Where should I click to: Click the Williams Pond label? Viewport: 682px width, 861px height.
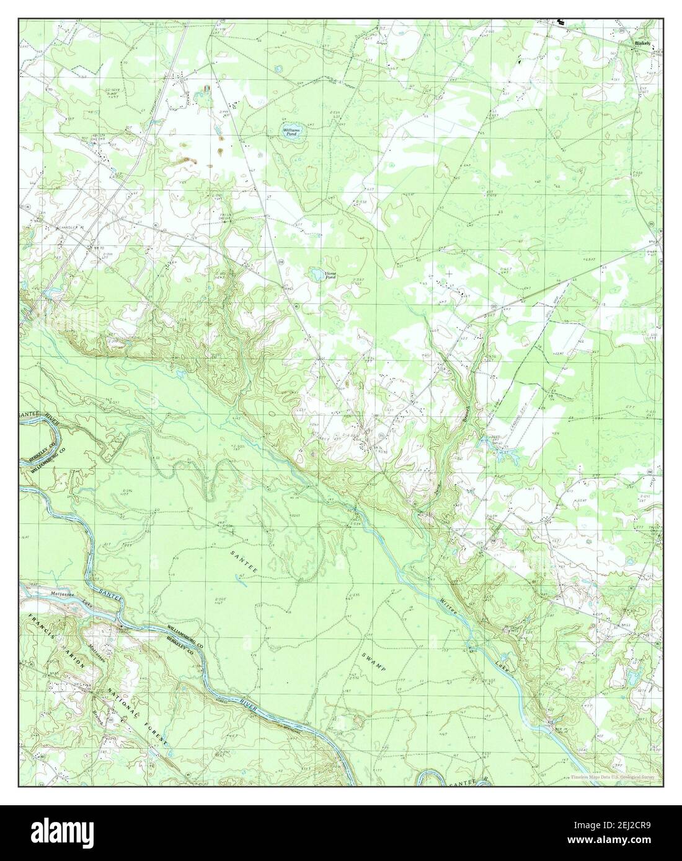tap(291, 131)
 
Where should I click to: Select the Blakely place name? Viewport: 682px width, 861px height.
tap(642, 44)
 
